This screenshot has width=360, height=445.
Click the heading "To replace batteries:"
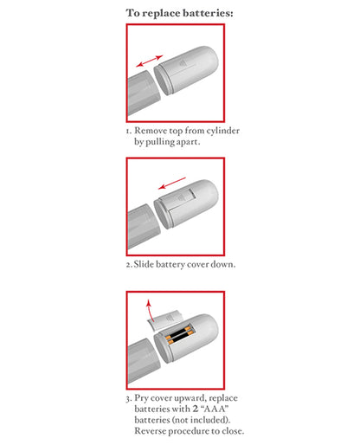pyautogui.click(x=179, y=13)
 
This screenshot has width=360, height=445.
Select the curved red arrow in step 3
pyautogui.click(x=153, y=309)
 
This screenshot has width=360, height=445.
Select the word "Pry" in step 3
pyautogui.click(x=144, y=398)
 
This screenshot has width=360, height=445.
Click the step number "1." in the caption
pyautogui.click(x=128, y=130)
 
